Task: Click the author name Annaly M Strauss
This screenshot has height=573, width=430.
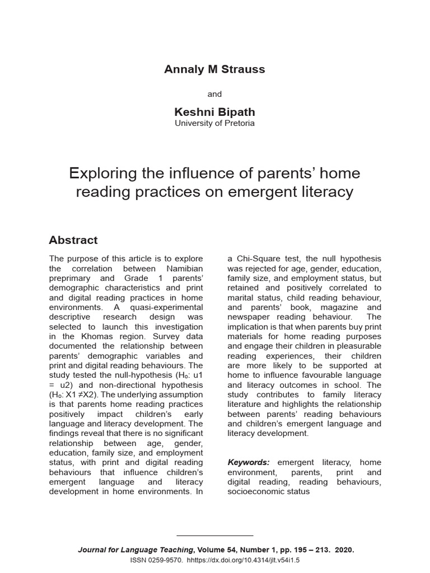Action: [214, 69]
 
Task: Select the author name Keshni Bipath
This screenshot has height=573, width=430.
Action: [214, 112]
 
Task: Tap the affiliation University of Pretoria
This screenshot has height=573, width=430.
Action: [214, 123]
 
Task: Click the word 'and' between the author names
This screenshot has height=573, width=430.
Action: [214, 94]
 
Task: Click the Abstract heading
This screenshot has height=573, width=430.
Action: [73, 240]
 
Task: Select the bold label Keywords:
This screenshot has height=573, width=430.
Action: [249, 462]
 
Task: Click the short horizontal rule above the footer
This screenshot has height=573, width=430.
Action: [215, 536]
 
